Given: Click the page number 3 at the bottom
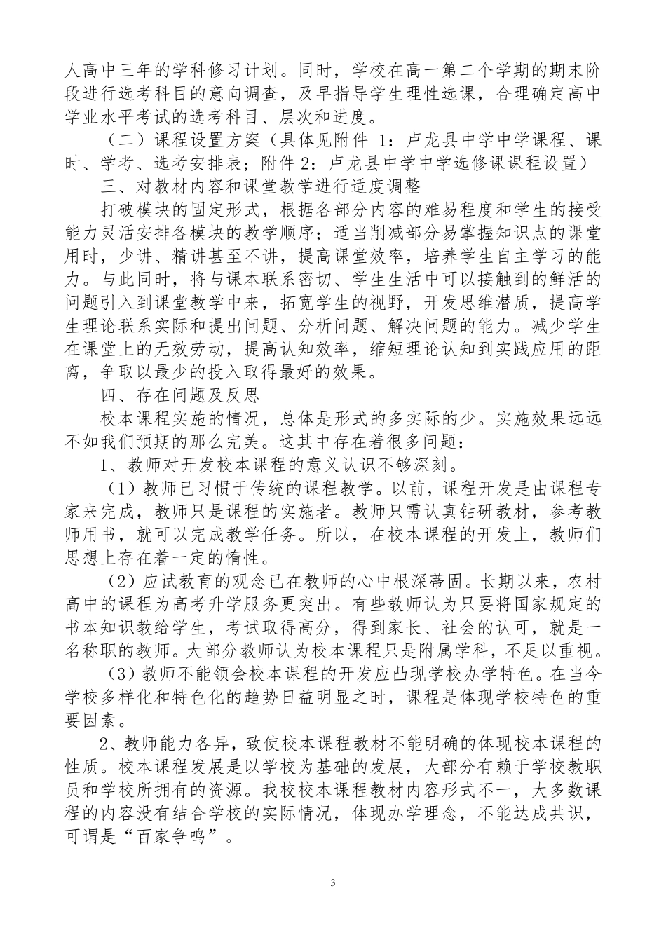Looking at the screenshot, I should coord(333,882).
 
